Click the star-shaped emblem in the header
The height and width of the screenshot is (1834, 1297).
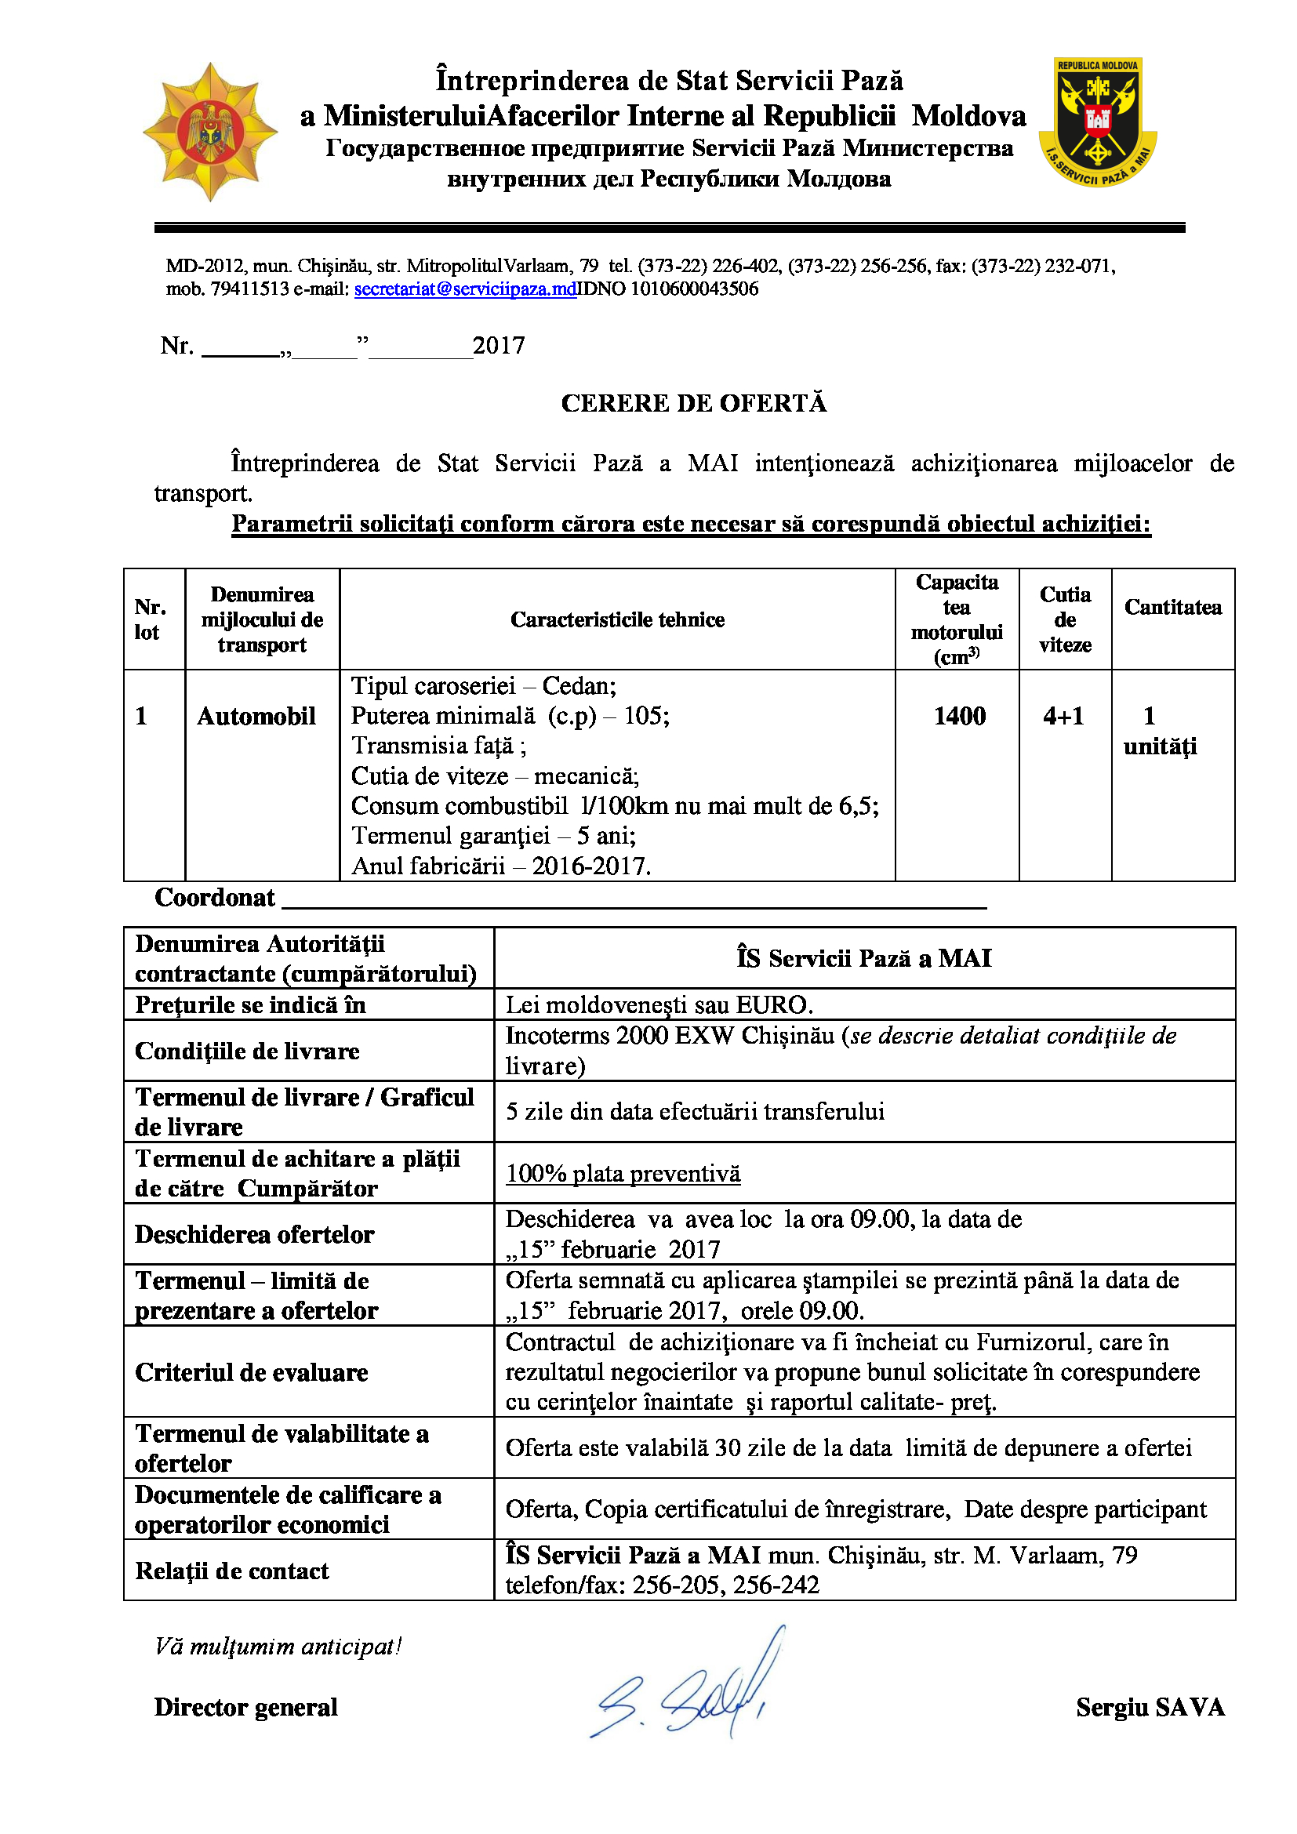pyautogui.click(x=210, y=132)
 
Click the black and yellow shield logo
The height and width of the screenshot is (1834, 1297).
pyautogui.click(x=1098, y=122)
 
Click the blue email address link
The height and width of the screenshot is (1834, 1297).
pyautogui.click(x=465, y=289)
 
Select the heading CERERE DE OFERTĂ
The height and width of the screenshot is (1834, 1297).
pyautogui.click(x=693, y=403)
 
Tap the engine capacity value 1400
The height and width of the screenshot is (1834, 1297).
pyautogui.click(x=959, y=716)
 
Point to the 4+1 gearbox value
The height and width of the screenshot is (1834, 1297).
pyautogui.click(x=1064, y=716)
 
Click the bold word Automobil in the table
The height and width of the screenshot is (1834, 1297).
pyautogui.click(x=256, y=716)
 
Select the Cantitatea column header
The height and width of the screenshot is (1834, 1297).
pyautogui.click(x=1172, y=607)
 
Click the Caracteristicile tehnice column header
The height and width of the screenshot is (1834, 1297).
pyautogui.click(x=617, y=620)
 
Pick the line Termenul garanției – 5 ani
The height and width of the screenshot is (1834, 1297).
pyautogui.click(x=493, y=836)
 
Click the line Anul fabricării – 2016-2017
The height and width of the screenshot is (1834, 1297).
pyautogui.click(x=501, y=866)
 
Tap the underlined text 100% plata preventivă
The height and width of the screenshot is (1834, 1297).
pyautogui.click(x=623, y=1174)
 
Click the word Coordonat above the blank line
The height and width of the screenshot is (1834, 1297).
pyautogui.click(x=215, y=898)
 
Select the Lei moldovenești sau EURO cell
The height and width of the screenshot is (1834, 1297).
pyautogui.click(x=659, y=1005)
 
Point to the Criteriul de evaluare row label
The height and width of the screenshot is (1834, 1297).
pyautogui.click(x=252, y=1372)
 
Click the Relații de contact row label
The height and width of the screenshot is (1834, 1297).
pyautogui.click(x=231, y=1571)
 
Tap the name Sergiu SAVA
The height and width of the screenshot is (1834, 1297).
pyautogui.click(x=1150, y=1708)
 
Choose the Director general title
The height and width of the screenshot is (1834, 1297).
pyautogui.click(x=246, y=1708)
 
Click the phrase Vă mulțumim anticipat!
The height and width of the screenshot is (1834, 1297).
pyautogui.click(x=278, y=1647)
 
